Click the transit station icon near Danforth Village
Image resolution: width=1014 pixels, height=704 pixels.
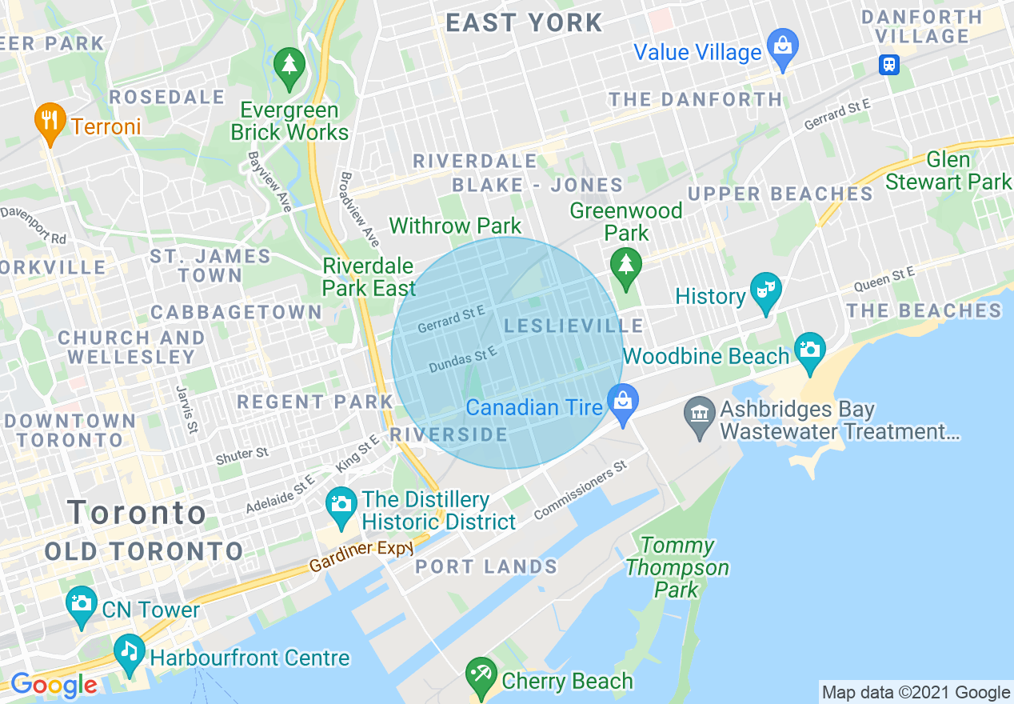coord(888,64)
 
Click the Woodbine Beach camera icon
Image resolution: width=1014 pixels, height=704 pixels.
coord(810,352)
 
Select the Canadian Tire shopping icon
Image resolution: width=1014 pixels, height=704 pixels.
coord(622,403)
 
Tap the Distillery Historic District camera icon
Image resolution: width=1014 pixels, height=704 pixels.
coord(341,506)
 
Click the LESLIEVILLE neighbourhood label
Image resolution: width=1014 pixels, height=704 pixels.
coord(573,326)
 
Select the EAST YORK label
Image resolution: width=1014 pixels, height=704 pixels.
coord(524,22)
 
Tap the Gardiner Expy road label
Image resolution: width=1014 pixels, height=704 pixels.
coord(361,556)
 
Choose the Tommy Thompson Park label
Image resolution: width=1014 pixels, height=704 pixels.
coord(677,568)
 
